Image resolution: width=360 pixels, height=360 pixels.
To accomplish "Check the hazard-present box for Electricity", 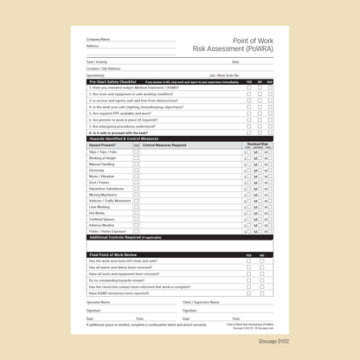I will [x=136, y=170].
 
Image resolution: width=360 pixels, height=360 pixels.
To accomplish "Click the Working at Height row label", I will [x=102, y=158].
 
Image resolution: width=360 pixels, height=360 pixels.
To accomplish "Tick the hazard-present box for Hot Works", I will [x=136, y=213].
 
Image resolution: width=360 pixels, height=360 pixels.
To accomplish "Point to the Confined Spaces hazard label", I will [x=102, y=219].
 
